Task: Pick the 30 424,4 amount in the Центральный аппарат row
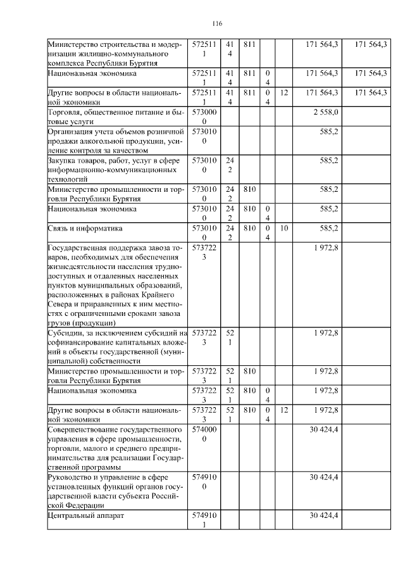click(x=325, y=515)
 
